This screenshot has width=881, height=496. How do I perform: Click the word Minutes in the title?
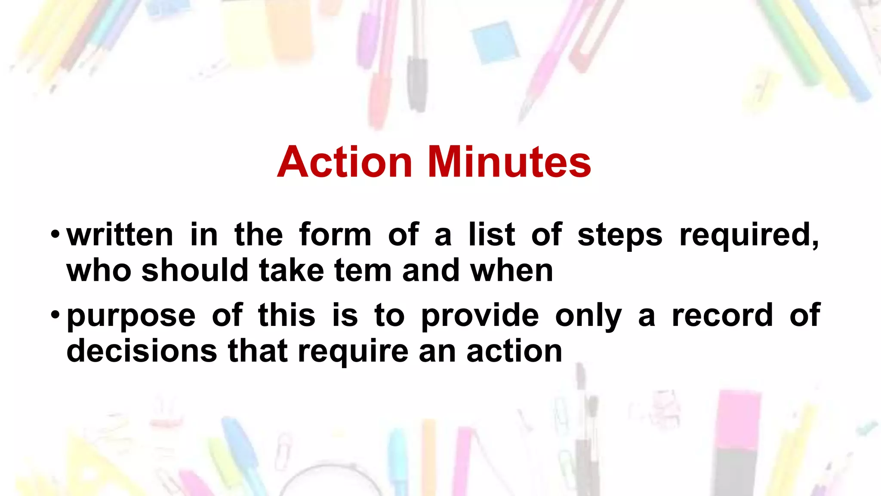(509, 162)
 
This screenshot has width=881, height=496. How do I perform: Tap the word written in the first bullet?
(120, 235)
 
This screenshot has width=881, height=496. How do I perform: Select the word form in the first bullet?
(335, 235)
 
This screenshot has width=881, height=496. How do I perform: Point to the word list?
(492, 235)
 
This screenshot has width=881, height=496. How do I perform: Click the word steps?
(620, 236)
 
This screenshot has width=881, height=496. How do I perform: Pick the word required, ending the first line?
(749, 236)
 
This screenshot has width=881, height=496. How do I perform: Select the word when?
(511, 271)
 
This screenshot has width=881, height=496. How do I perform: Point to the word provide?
(480, 316)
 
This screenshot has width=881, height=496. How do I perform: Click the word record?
(722, 316)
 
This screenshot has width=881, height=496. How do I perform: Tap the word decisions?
(142, 351)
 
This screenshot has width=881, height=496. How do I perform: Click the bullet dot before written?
(55, 235)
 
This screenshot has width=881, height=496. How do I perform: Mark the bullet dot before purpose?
(55, 315)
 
